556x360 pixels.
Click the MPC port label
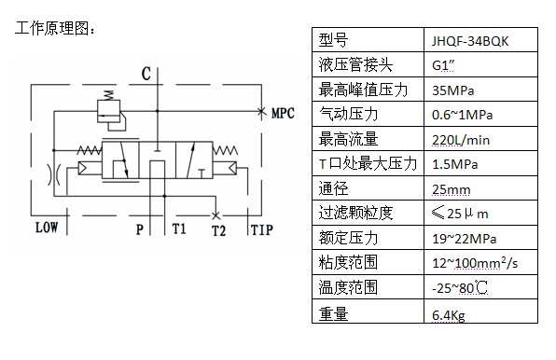pos(283,114)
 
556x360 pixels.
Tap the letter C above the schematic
pos(146,74)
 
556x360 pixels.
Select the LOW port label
pos(47,228)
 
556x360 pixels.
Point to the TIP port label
pos(262,230)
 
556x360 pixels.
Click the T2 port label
pos(218,230)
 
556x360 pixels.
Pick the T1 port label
pos(179,228)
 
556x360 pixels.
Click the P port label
pos(140,229)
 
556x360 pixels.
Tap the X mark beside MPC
pos(262,112)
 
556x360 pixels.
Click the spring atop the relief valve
pos(108,95)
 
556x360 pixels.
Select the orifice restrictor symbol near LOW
pos(54,174)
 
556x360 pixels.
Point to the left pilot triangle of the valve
pos(82,168)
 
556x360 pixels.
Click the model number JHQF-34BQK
pos(470,41)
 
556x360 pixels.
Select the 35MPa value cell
pos(452,90)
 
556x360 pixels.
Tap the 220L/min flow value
pos(461,140)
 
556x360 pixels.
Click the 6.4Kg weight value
pos(449,315)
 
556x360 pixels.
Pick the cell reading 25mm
pos(451,190)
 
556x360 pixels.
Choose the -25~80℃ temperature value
pos(460,287)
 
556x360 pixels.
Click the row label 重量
pos(333,314)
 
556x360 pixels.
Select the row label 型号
pos(333,40)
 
